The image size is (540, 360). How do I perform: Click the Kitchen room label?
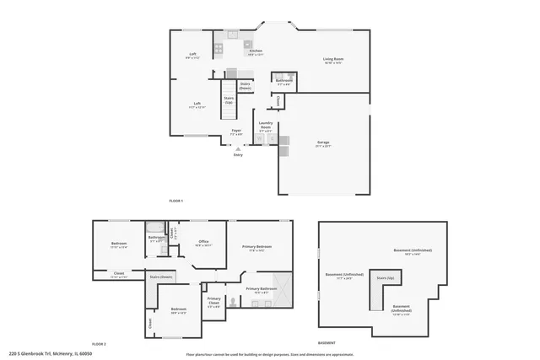(x=256, y=51)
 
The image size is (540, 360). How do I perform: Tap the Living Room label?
(x=333, y=59)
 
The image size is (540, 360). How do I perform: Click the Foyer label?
(x=236, y=131)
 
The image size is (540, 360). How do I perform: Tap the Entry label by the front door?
(x=237, y=154)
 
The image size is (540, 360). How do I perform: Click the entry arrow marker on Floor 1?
(x=237, y=148)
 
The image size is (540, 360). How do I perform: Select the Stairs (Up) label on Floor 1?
(x=229, y=99)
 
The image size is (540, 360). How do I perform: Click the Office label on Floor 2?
(x=203, y=242)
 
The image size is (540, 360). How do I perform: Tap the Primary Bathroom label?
(x=261, y=289)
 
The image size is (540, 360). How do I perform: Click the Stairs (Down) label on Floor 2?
(x=161, y=277)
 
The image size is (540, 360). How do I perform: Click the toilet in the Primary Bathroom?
(x=234, y=299)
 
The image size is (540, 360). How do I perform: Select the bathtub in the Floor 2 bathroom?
(x=155, y=228)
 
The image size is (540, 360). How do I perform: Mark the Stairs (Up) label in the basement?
(x=385, y=277)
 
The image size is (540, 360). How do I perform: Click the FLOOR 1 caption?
(x=175, y=200)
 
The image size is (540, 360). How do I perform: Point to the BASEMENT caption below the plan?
(x=326, y=343)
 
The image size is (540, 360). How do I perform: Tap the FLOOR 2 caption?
(x=99, y=343)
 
